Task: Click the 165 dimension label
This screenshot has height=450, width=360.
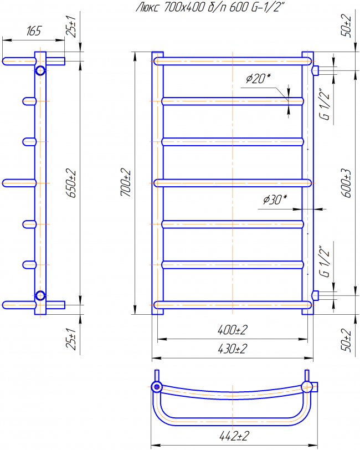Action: tap(34, 31)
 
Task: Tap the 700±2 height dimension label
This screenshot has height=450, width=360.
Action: tap(126, 183)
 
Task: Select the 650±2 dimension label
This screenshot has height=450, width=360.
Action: tap(71, 183)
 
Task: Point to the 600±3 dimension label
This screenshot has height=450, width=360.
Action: tap(346, 183)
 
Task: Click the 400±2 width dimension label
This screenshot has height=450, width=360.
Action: tap(233, 330)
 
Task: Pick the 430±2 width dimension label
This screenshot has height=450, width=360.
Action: tap(233, 349)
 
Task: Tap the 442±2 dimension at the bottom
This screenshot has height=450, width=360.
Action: tap(234, 436)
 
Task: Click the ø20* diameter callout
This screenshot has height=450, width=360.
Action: tap(258, 78)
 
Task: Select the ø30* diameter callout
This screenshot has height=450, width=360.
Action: tap(275, 199)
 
